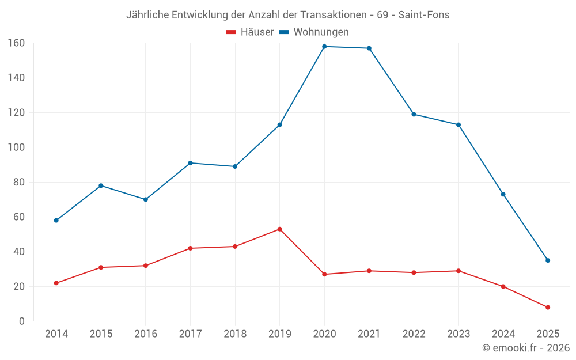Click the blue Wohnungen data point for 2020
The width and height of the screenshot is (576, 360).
tap(324, 47)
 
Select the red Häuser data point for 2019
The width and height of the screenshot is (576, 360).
tap(279, 229)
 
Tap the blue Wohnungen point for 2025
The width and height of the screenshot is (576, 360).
tap(548, 260)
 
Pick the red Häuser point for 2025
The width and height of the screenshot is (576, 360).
tap(548, 308)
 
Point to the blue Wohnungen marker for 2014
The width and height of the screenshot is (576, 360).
tap(56, 221)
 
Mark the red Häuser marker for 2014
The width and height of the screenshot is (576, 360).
tap(56, 283)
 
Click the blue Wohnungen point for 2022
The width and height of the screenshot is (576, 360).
tap(414, 114)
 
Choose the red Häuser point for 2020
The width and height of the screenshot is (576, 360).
tap(324, 274)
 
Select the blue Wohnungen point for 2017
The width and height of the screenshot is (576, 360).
tap(190, 163)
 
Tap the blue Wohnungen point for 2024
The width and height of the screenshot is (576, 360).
tap(503, 194)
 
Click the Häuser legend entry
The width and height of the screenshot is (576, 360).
tap(250, 32)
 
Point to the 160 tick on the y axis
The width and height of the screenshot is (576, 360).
tap(16, 43)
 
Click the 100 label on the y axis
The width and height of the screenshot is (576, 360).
tap(16, 147)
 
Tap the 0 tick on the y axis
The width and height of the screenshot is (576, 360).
tap(21, 321)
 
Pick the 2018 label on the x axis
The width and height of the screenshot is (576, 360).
tap(235, 334)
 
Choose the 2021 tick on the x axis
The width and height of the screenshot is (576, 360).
tap(369, 334)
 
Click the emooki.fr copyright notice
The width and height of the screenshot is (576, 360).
tap(526, 348)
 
